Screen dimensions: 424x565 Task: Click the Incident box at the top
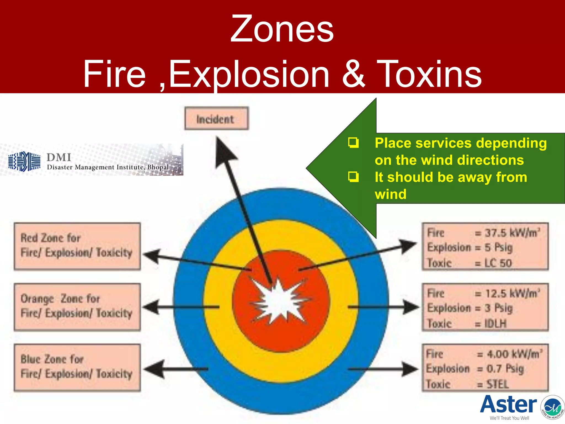point(216,119)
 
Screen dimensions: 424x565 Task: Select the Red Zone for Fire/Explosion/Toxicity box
point(77,246)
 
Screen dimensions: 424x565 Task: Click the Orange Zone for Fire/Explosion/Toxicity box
point(77,306)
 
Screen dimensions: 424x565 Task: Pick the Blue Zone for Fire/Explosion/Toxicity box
point(77,367)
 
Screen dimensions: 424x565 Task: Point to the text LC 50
point(498,263)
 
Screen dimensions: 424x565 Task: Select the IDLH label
point(495,324)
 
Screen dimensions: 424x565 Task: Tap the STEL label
point(497,384)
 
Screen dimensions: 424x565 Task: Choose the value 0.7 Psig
point(505,369)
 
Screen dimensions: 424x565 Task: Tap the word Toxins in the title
point(429,74)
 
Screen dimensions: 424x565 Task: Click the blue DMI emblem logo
point(24,161)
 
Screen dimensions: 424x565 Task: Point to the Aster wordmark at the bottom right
point(508,404)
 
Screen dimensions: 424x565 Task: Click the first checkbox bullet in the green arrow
point(353,143)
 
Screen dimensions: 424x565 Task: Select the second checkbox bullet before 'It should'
point(353,177)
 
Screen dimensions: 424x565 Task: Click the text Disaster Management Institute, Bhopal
point(108,167)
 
